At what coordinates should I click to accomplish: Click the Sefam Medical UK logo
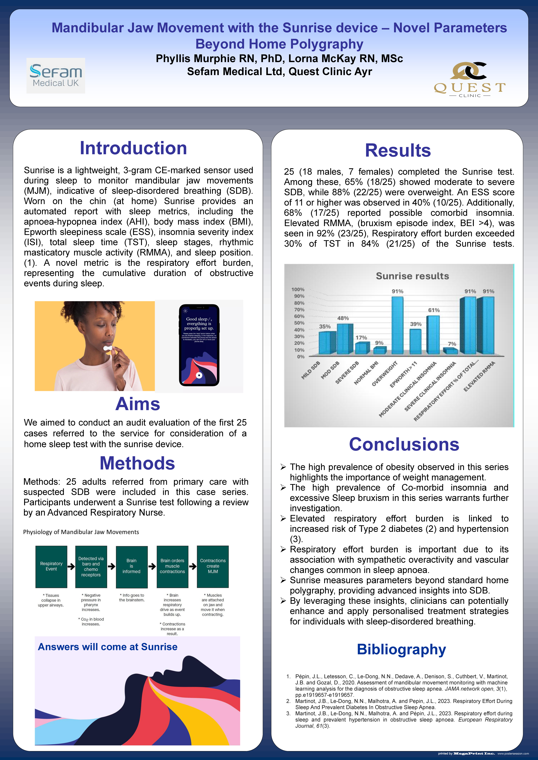pyautogui.click(x=56, y=75)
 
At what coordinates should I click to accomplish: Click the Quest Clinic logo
pyautogui.click(x=469, y=79)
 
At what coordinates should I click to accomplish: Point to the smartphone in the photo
pyautogui.click(x=199, y=345)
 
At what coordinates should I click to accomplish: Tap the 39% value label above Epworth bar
pyautogui.click(x=416, y=324)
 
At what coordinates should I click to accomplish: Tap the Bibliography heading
pyautogui.click(x=401, y=649)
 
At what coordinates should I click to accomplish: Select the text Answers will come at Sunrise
pyautogui.click(x=108, y=647)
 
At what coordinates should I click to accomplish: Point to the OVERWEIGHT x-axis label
pyautogui.click(x=384, y=374)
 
